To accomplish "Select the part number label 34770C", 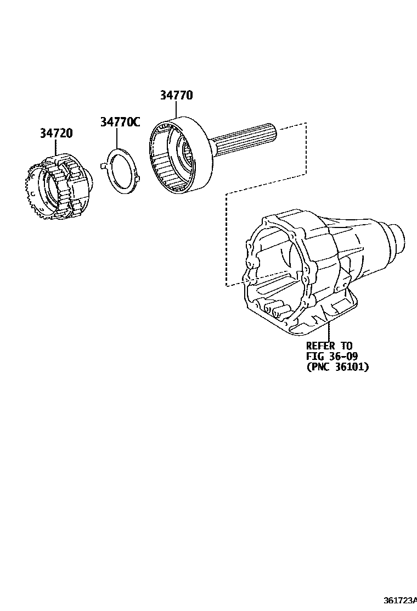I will point(119,122).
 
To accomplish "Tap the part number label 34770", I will point(176,95).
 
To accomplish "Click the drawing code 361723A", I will point(400,599).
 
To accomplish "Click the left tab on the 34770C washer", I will point(103,165).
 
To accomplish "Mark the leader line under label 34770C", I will point(116,138).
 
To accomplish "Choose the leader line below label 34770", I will point(176,110).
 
